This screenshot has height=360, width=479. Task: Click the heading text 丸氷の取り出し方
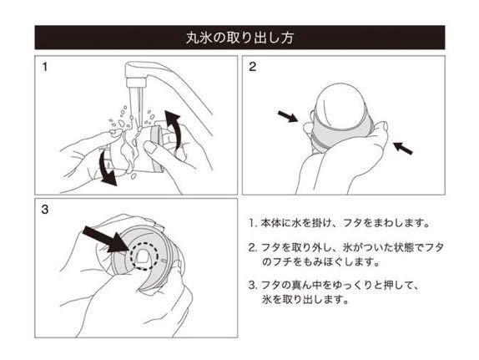pos(239,38)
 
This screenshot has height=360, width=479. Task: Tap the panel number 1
pos(45,67)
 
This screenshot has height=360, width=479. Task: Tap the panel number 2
pos(252,67)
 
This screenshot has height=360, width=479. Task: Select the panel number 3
pos(45,210)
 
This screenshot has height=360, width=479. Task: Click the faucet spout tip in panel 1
pos(136,82)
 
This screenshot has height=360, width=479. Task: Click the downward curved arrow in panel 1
pos(107,168)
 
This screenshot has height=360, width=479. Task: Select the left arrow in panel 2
pos(287,117)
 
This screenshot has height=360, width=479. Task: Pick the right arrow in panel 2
pos(403,148)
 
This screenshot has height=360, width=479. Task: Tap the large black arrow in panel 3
pos(107,240)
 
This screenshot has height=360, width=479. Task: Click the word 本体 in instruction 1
pos(271,223)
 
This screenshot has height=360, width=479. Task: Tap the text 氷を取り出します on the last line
pos(305,299)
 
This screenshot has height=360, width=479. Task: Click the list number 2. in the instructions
pos(252,247)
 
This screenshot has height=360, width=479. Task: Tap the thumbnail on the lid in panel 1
pos(150,147)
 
